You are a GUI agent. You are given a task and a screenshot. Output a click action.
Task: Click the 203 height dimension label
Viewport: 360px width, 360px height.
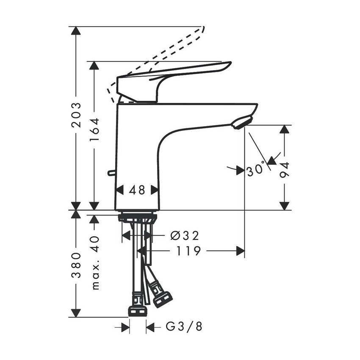coord(76,115)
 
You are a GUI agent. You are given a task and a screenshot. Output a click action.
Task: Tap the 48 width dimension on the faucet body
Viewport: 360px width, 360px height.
coord(137,190)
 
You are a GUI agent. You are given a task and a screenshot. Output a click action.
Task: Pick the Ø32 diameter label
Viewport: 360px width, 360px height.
coord(184,235)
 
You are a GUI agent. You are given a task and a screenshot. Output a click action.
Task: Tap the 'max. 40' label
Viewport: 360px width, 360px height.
coord(95,263)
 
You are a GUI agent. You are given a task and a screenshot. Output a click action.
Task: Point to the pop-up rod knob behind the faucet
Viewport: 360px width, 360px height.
coord(111,173)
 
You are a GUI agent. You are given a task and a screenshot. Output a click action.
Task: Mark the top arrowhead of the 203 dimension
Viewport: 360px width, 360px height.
coord(76,30)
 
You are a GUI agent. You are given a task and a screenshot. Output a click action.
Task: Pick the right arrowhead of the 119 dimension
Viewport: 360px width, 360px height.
coord(241,251)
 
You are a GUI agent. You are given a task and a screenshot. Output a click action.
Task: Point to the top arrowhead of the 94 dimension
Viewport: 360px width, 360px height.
coord(285,129)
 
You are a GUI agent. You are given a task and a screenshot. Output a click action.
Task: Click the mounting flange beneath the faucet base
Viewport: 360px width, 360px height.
coord(137,218)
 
